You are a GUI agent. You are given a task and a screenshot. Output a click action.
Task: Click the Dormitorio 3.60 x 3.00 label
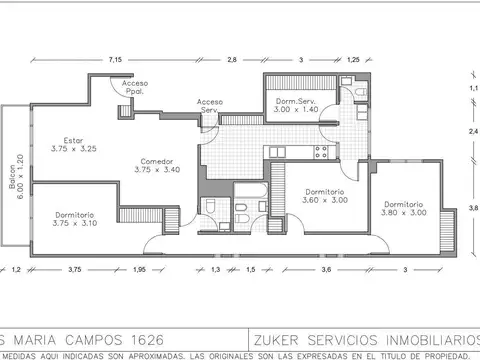pyautogui.click(x=325, y=195)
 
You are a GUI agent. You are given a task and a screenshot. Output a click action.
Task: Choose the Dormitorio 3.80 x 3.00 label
pyautogui.click(x=404, y=207)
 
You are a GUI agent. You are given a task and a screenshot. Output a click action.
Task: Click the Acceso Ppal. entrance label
pyautogui.click(x=133, y=86)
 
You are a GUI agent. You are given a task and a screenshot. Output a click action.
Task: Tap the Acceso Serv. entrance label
pyautogui.click(x=210, y=105)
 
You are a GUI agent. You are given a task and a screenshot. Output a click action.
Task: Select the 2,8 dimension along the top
pyautogui.click(x=232, y=60)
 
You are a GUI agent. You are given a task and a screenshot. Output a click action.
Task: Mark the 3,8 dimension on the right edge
pyautogui.click(x=473, y=208)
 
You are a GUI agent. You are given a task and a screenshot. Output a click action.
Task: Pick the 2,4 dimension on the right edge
pyautogui.click(x=473, y=131)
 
